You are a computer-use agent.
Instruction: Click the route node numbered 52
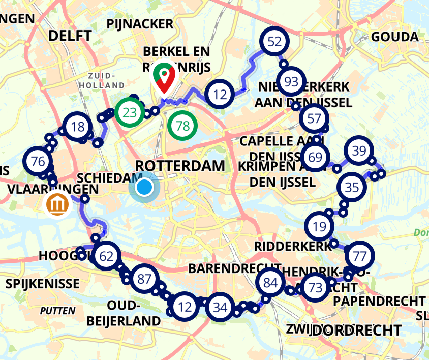(x=274, y=42)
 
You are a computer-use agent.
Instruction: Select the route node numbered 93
(x=291, y=82)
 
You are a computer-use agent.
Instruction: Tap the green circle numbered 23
(x=129, y=112)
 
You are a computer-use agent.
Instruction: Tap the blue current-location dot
(x=144, y=187)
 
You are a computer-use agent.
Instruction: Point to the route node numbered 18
(x=78, y=127)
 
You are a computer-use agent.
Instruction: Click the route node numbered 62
(x=107, y=256)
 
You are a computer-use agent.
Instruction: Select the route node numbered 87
(x=145, y=279)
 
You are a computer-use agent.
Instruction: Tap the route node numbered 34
(x=220, y=307)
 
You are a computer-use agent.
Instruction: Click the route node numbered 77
(x=359, y=256)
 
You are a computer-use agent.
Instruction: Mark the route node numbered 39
(x=359, y=151)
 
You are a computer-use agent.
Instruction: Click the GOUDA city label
(x=395, y=37)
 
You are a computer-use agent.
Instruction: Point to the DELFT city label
(x=70, y=36)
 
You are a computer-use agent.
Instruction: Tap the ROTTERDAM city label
(x=180, y=165)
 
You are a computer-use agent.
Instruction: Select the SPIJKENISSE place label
(x=43, y=284)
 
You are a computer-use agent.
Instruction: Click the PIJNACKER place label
(x=140, y=24)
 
